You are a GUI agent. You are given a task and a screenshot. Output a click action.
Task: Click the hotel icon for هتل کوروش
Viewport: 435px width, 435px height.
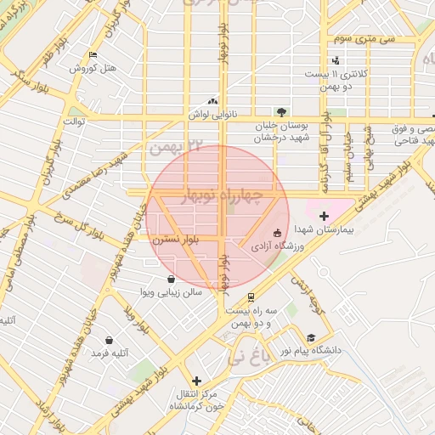93,56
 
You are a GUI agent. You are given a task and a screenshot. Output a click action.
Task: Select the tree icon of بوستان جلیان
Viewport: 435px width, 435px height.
281,111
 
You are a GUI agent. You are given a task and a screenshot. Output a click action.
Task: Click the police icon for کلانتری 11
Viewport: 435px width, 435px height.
336,60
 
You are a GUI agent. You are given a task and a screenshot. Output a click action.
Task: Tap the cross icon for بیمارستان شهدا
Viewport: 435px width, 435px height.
324,216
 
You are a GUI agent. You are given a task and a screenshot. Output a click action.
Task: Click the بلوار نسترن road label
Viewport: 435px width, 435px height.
176,241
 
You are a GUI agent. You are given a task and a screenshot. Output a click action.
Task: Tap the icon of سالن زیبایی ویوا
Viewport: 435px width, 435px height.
171,279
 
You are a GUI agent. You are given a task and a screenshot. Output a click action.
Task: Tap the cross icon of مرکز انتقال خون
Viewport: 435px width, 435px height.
197,381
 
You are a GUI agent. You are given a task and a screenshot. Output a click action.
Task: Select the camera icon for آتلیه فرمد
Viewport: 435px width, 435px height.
109,340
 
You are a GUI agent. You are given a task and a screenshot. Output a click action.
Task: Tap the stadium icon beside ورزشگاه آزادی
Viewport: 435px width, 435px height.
276,233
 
